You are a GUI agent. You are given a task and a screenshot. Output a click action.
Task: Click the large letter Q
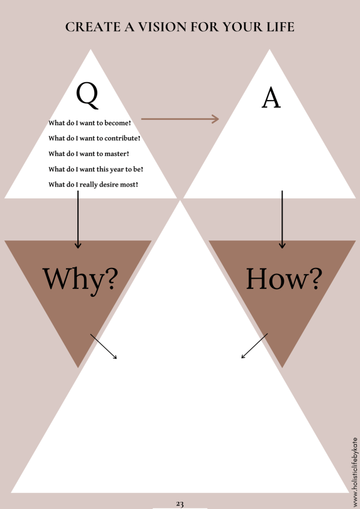[87, 96]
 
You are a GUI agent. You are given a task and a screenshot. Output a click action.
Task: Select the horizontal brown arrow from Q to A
[179, 119]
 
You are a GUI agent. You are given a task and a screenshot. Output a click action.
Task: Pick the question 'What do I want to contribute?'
[94, 138]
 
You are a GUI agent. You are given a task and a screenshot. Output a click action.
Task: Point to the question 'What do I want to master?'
[89, 153]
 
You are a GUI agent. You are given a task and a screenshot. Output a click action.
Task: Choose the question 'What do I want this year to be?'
[95, 169]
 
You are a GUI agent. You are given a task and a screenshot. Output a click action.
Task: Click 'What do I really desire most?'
[93, 184]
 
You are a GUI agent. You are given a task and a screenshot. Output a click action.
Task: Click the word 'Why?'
[80, 279]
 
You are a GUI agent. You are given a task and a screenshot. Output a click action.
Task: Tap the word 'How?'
[284, 278]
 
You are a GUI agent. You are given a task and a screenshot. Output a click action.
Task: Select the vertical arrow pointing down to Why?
[77, 222]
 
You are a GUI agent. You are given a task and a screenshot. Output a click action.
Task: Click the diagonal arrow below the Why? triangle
[103, 346]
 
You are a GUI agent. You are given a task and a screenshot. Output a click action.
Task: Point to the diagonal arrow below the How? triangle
[254, 346]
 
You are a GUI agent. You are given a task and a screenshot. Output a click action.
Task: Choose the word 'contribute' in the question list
[119, 138]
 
